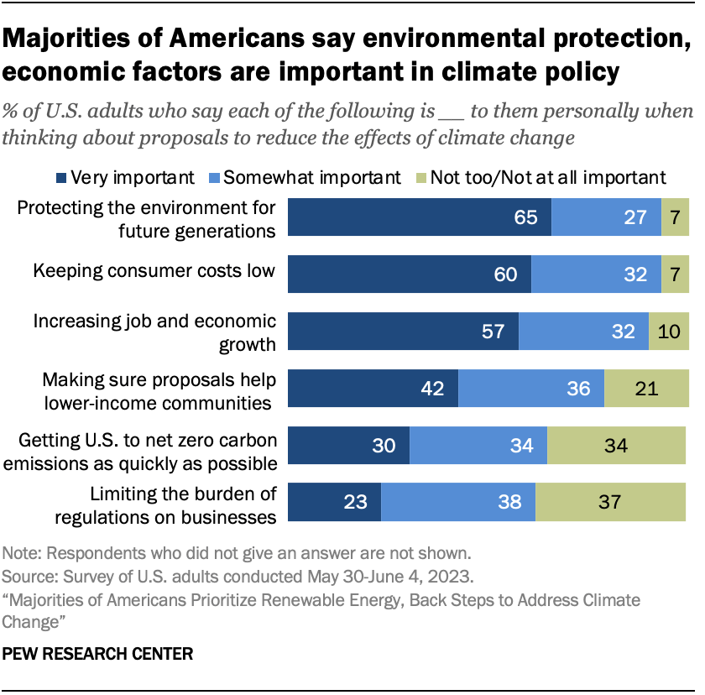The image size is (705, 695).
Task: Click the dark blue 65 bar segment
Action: point(420,217)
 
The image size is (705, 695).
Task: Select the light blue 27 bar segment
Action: point(606,217)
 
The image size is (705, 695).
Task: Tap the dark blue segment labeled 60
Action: point(410,274)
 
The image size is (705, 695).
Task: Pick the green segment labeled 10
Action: point(669,331)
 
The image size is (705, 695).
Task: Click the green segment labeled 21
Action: point(646,388)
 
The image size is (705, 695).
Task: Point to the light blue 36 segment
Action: point(530,388)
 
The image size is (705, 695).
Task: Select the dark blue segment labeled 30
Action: point(349,445)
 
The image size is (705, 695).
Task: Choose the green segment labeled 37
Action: point(610,502)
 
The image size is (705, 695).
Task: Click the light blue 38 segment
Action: point(458,502)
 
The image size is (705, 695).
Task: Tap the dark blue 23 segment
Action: point(335,502)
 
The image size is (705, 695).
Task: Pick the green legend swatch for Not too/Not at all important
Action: point(422,177)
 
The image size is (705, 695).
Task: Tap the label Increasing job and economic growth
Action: point(154,332)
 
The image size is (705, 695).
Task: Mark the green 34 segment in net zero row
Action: point(617,445)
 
